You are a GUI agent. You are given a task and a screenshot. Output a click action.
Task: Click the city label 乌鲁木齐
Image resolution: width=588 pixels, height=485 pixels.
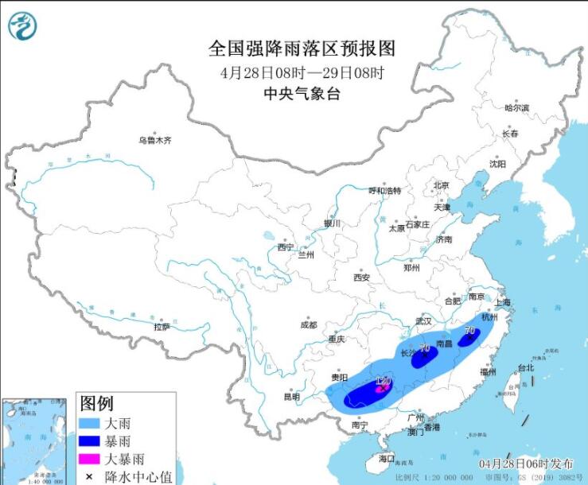pyautogui.click(x=155, y=140)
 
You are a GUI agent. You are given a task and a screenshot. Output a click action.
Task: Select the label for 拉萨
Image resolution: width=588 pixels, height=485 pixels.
pyautogui.click(x=162, y=326)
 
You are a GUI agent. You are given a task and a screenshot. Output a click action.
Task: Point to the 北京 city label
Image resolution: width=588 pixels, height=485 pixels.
pyautogui.click(x=441, y=185)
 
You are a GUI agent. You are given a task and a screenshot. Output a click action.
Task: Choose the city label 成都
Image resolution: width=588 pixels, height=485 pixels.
pyautogui.click(x=308, y=324)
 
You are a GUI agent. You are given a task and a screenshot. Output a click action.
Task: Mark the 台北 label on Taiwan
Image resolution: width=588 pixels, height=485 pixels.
pyautogui.click(x=526, y=368)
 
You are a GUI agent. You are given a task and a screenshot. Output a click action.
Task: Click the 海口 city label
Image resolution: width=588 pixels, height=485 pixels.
pyautogui.click(x=387, y=460)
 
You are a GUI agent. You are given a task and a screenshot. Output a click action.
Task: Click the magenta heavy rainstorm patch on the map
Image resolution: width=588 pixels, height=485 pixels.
pyautogui.click(x=381, y=388)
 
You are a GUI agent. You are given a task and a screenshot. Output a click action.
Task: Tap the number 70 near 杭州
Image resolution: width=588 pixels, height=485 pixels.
pyautogui.click(x=469, y=331)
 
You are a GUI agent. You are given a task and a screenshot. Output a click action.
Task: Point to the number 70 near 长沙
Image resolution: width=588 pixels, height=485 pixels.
pyautogui.click(x=425, y=348)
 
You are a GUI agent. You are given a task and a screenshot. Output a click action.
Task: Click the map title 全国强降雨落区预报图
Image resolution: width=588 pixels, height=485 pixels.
pyautogui.click(x=302, y=48)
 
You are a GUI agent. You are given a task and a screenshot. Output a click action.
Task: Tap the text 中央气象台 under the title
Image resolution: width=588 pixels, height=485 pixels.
pyautogui.click(x=302, y=94)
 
